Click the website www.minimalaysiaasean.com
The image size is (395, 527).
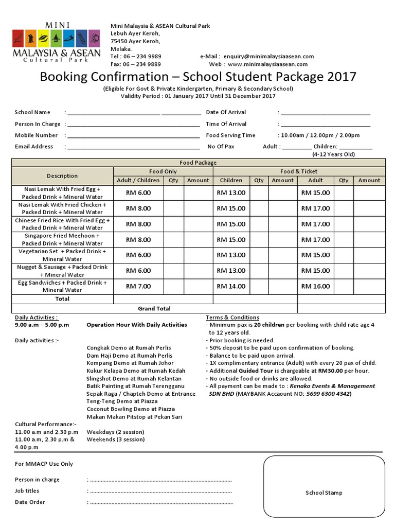(267, 64)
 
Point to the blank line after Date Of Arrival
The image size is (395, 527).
(325, 113)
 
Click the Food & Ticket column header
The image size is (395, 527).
(299, 171)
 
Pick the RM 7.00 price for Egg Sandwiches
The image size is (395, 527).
(138, 286)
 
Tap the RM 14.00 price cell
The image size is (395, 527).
(231, 286)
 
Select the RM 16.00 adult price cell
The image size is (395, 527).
(315, 286)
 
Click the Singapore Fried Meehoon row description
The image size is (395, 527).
(62, 239)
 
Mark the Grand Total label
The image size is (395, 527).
(154, 309)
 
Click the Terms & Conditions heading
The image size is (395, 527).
(232, 318)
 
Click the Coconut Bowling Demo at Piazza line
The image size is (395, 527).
(130, 409)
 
